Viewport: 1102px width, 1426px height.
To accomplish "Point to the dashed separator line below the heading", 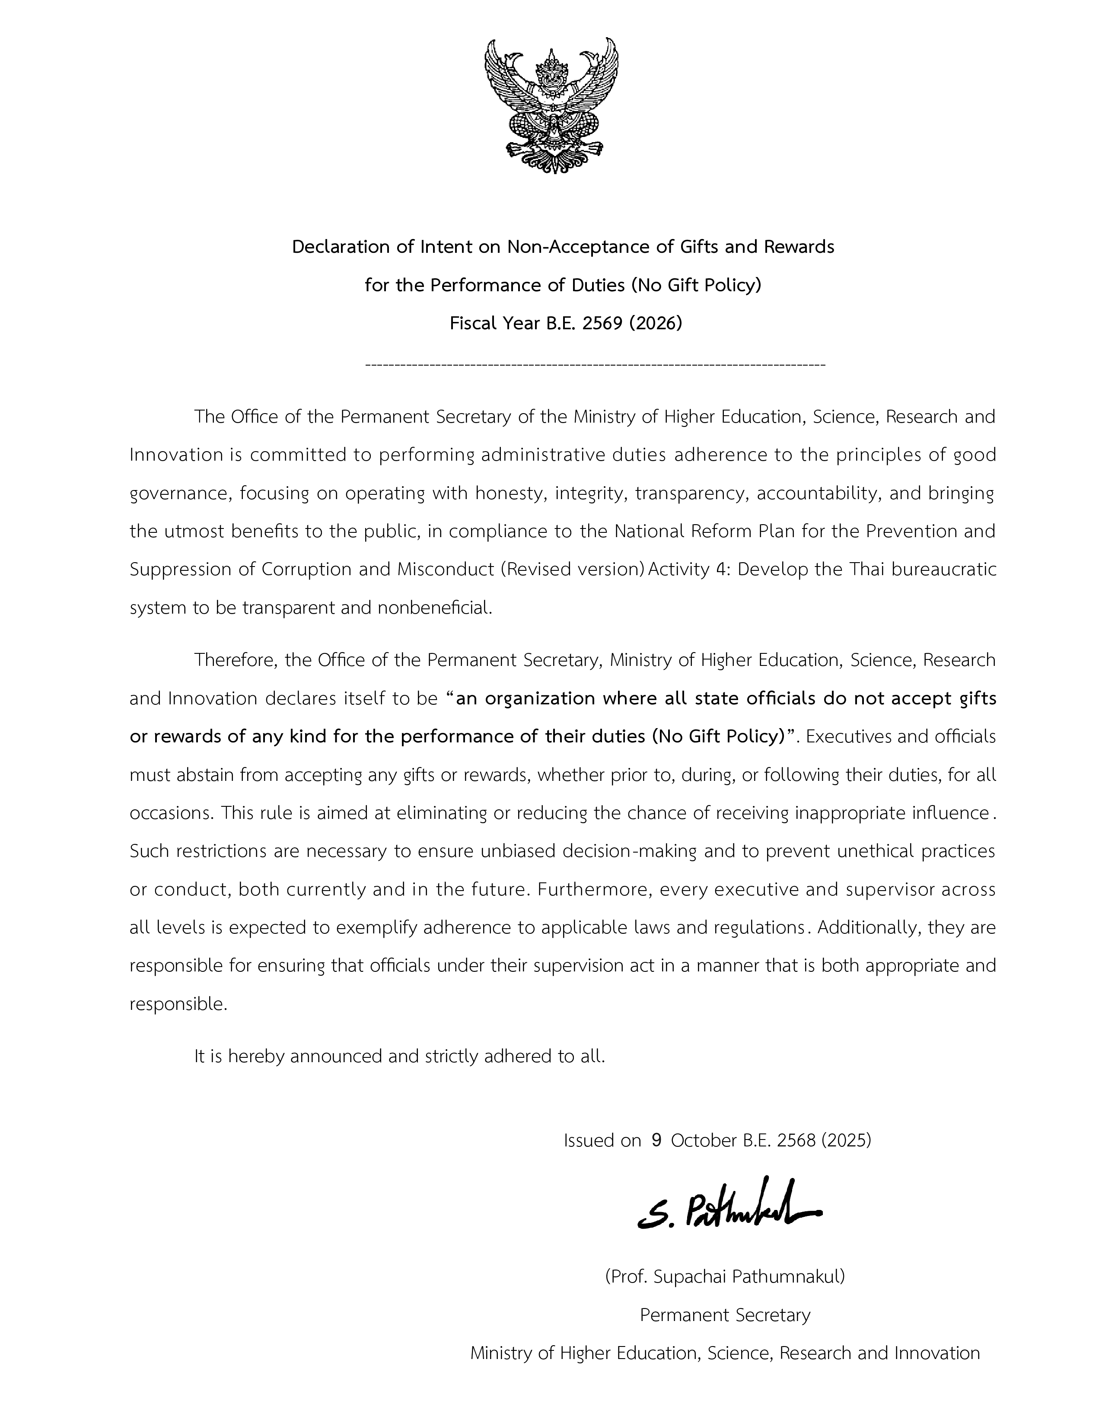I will [x=596, y=364].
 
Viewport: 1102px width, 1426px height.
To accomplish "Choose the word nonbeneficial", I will [x=435, y=608].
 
